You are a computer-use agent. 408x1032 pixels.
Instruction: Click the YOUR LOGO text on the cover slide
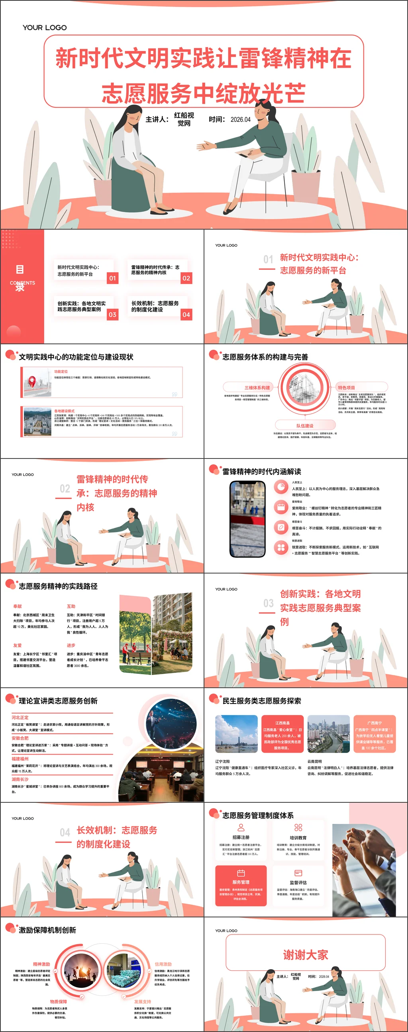pyautogui.click(x=45, y=27)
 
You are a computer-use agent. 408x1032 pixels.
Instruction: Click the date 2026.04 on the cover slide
pyautogui.click(x=240, y=119)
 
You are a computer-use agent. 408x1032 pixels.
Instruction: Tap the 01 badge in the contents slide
pyautogui.click(x=113, y=278)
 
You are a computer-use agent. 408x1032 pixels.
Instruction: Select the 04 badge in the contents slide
pyautogui.click(x=186, y=314)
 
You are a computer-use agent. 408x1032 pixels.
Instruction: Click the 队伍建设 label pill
pyautogui.click(x=305, y=425)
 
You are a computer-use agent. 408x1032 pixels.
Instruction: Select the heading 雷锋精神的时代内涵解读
pyautogui.click(x=261, y=472)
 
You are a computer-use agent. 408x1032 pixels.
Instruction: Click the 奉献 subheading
pyautogui.click(x=18, y=606)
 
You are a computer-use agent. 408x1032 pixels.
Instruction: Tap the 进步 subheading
pyautogui.click(x=71, y=646)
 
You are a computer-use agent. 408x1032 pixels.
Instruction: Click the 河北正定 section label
pyautogui.click(x=20, y=717)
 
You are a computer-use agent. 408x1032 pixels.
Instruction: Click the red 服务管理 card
pyautogui.click(x=241, y=886)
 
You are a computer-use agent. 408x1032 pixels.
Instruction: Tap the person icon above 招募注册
pyautogui.click(x=241, y=827)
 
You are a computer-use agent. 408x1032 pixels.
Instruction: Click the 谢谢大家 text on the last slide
pyautogui.click(x=306, y=955)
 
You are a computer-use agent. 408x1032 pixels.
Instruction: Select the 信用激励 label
pyautogui.click(x=163, y=964)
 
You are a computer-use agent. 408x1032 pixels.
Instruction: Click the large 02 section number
pyautogui.click(x=65, y=489)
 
